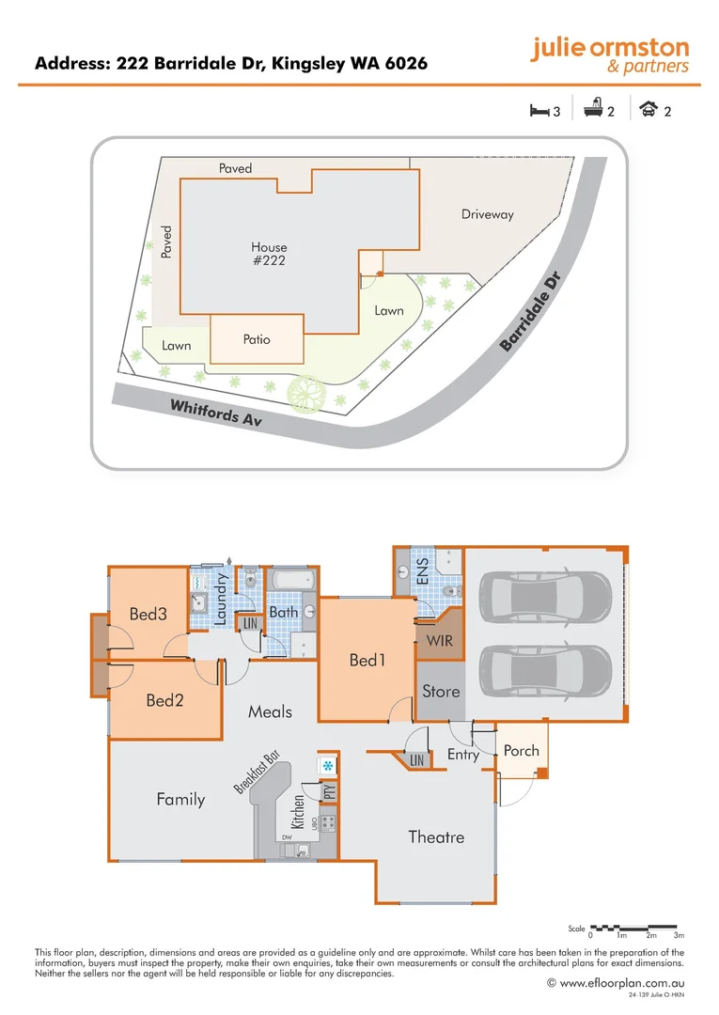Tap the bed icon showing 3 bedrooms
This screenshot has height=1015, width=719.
[x=539, y=111]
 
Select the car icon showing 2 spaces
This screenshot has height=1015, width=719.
[x=648, y=111]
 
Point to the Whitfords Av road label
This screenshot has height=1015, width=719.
[x=215, y=414]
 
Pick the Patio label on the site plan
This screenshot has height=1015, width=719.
[x=257, y=339]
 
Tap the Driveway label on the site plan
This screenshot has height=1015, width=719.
[x=488, y=214]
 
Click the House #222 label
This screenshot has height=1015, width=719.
[x=269, y=254]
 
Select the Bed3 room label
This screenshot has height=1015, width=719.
[x=148, y=615]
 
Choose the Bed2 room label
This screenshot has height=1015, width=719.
[x=164, y=700]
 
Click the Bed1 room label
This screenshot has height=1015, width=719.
[x=367, y=661]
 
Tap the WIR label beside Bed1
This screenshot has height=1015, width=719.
[x=440, y=642]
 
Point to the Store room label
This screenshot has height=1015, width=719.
[x=441, y=692]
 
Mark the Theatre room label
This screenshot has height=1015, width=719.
[x=436, y=836]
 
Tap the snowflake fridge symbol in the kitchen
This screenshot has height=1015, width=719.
[x=327, y=767]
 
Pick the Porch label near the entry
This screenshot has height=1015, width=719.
[x=522, y=750]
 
